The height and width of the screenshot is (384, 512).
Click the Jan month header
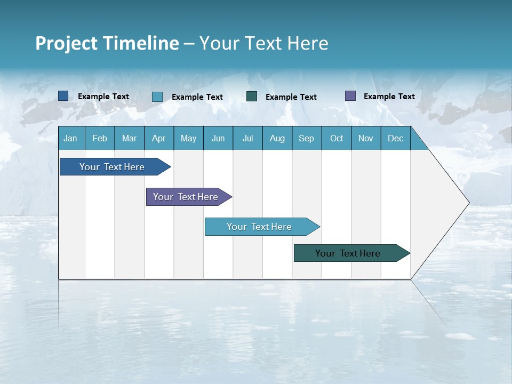[x=71, y=138]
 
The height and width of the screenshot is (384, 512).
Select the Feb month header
[x=100, y=138]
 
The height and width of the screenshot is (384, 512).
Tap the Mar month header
[x=129, y=138]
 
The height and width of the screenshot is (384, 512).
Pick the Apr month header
[x=159, y=138]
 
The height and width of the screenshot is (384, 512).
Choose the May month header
[x=188, y=138]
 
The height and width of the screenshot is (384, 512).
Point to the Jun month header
[x=218, y=138]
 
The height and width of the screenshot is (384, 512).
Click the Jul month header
[x=247, y=138]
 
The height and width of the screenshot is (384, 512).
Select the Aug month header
[x=277, y=138]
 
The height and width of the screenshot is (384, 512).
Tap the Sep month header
[x=307, y=138]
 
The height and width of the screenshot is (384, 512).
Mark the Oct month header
[x=337, y=138]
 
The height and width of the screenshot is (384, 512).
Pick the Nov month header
[x=366, y=138]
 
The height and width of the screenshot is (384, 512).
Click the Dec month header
[x=396, y=138]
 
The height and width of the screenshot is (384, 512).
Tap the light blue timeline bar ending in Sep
[x=260, y=227]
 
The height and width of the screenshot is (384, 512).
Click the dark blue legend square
[x=63, y=96]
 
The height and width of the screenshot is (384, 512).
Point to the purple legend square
[x=350, y=96]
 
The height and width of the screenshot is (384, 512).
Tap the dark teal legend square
[x=252, y=96]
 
